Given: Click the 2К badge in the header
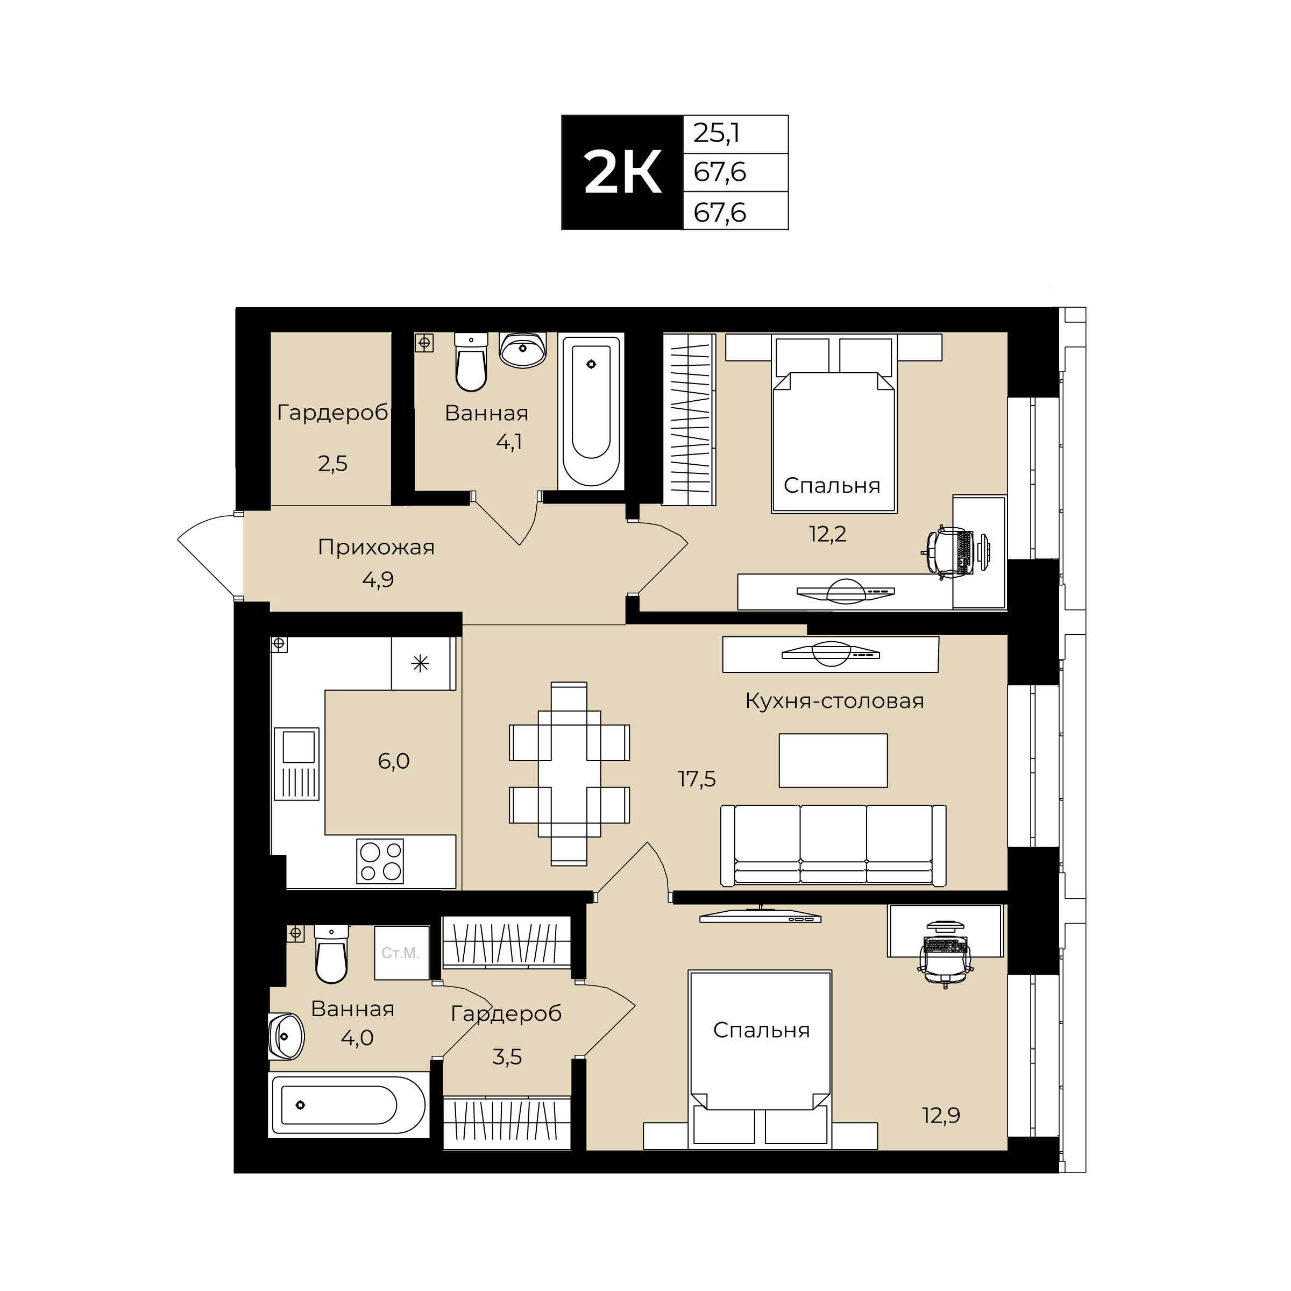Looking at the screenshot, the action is (622, 172).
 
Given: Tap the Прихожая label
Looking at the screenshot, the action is (376, 547).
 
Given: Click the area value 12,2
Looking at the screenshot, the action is (828, 534).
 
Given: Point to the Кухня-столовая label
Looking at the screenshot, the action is (835, 701).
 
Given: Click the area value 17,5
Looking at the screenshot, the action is (697, 778).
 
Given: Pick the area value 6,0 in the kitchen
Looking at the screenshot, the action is (394, 761).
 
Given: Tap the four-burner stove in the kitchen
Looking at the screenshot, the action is (380, 861).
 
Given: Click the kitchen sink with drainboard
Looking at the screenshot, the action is (297, 764).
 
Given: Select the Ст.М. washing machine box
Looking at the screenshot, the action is (401, 953).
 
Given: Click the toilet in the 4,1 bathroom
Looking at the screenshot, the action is (471, 361).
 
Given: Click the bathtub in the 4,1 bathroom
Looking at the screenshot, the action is (591, 412).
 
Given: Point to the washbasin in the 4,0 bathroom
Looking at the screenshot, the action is (286, 1037).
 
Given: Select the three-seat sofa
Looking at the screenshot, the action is (833, 846).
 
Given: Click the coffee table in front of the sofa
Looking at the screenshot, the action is (833, 761).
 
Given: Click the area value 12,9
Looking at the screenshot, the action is (941, 1115).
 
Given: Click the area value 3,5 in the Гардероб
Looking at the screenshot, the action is (507, 1057).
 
